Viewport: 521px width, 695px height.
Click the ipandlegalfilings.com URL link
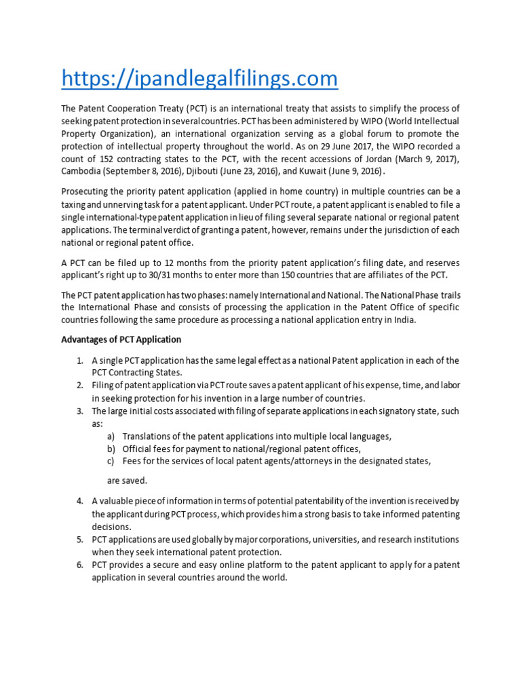(x=199, y=79)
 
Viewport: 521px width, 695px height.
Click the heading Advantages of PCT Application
(x=121, y=339)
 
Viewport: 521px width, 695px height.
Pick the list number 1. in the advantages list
(x=79, y=360)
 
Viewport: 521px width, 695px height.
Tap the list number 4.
(x=79, y=502)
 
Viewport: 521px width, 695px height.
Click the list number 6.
(x=79, y=565)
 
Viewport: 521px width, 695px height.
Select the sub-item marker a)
(x=111, y=436)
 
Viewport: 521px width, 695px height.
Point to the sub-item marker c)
(x=111, y=461)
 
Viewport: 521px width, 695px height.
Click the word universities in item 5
(x=312, y=540)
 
